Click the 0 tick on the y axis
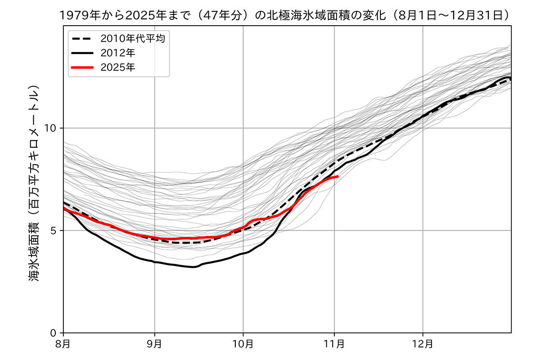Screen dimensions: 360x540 54,333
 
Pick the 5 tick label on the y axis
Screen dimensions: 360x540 54,230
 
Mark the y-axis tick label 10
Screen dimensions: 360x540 51,128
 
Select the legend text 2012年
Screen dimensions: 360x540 118,53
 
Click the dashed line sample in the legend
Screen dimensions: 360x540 82,39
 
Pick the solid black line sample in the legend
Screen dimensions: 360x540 82,53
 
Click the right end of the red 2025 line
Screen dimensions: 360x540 337,176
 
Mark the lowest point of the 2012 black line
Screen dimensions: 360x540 193,267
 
